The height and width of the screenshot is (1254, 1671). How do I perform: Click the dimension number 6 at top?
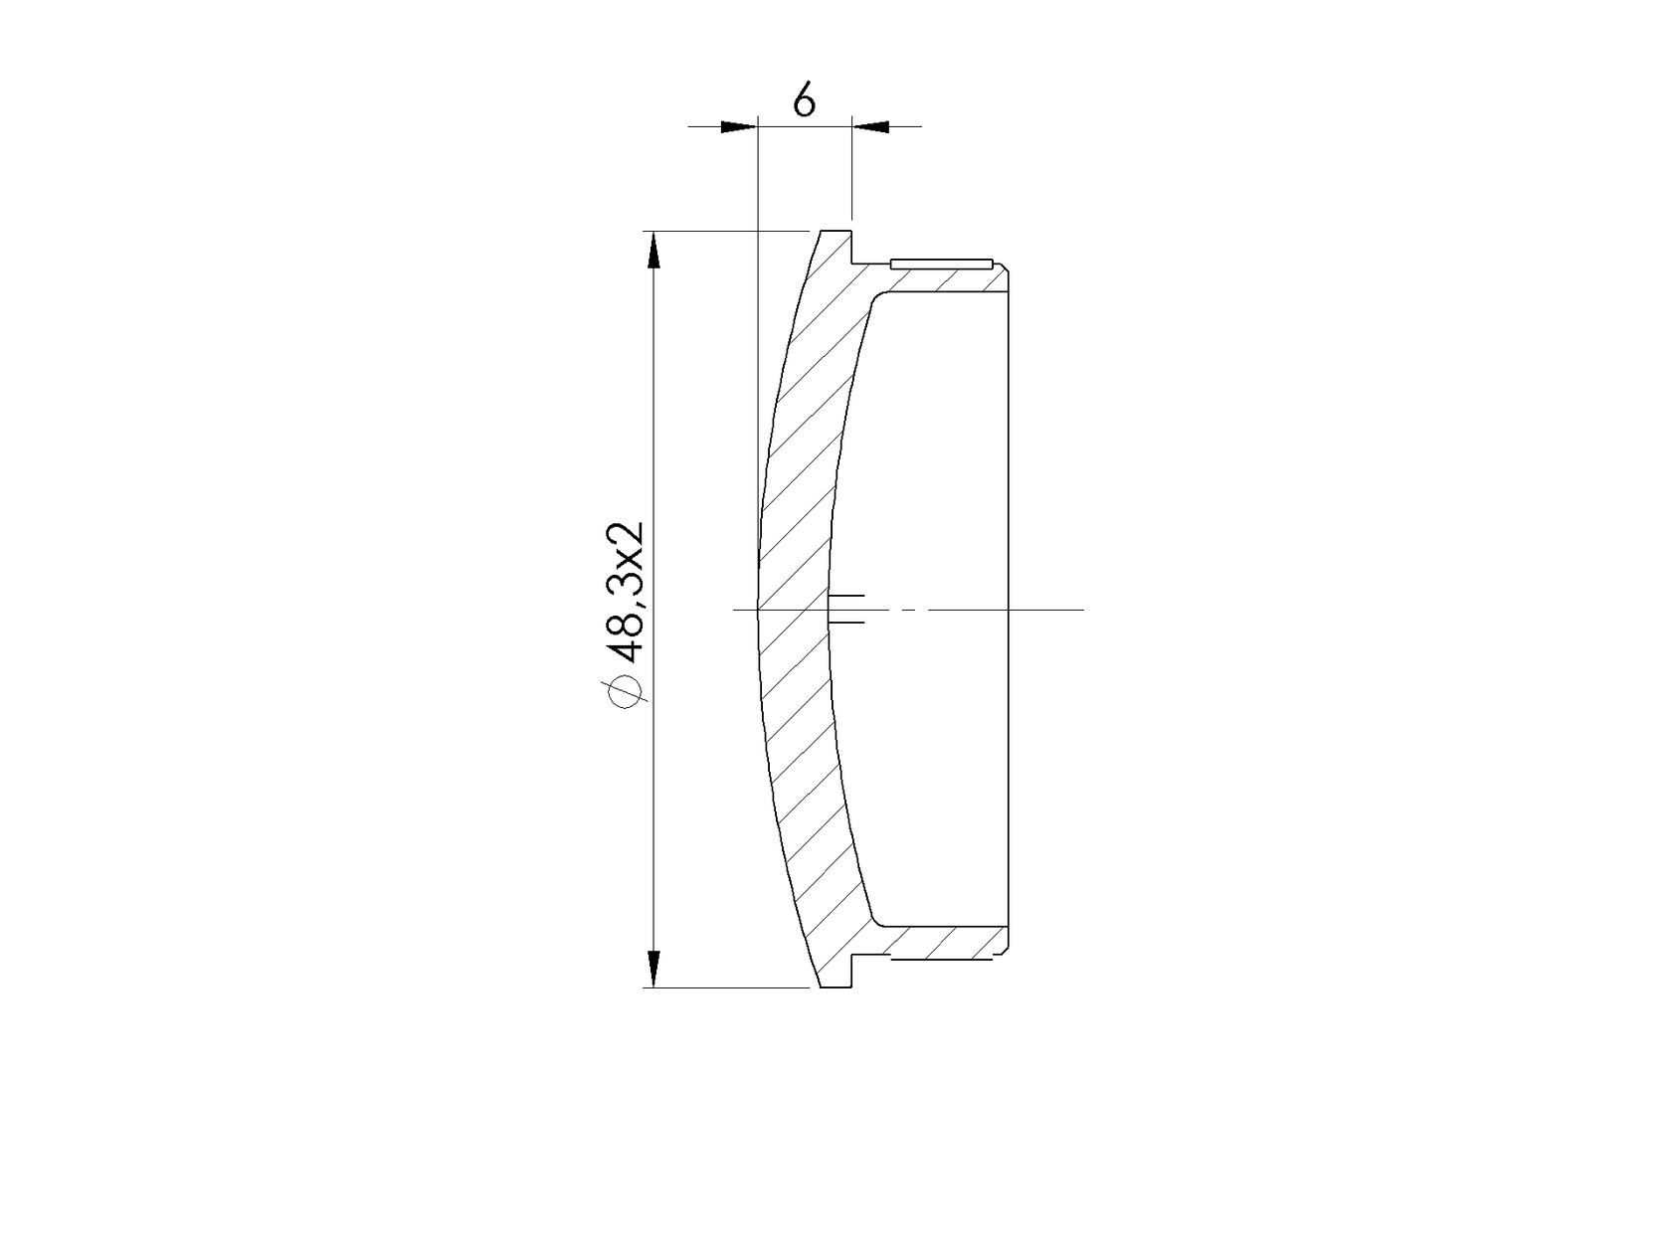[x=804, y=99]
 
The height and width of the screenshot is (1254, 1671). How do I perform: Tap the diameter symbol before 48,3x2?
[x=627, y=691]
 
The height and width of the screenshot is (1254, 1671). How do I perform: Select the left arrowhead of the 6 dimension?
[x=739, y=126]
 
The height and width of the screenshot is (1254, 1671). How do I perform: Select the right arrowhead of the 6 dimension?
[x=870, y=126]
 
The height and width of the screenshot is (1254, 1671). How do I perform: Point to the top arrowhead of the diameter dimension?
[x=653, y=251]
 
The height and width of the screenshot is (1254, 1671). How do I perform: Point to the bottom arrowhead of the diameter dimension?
[x=653, y=968]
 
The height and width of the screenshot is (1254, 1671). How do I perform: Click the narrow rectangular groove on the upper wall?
[x=942, y=265]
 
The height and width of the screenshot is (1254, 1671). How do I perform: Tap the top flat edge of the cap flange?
[x=835, y=231]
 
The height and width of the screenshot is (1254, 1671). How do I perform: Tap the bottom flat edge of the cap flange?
[x=835, y=986]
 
